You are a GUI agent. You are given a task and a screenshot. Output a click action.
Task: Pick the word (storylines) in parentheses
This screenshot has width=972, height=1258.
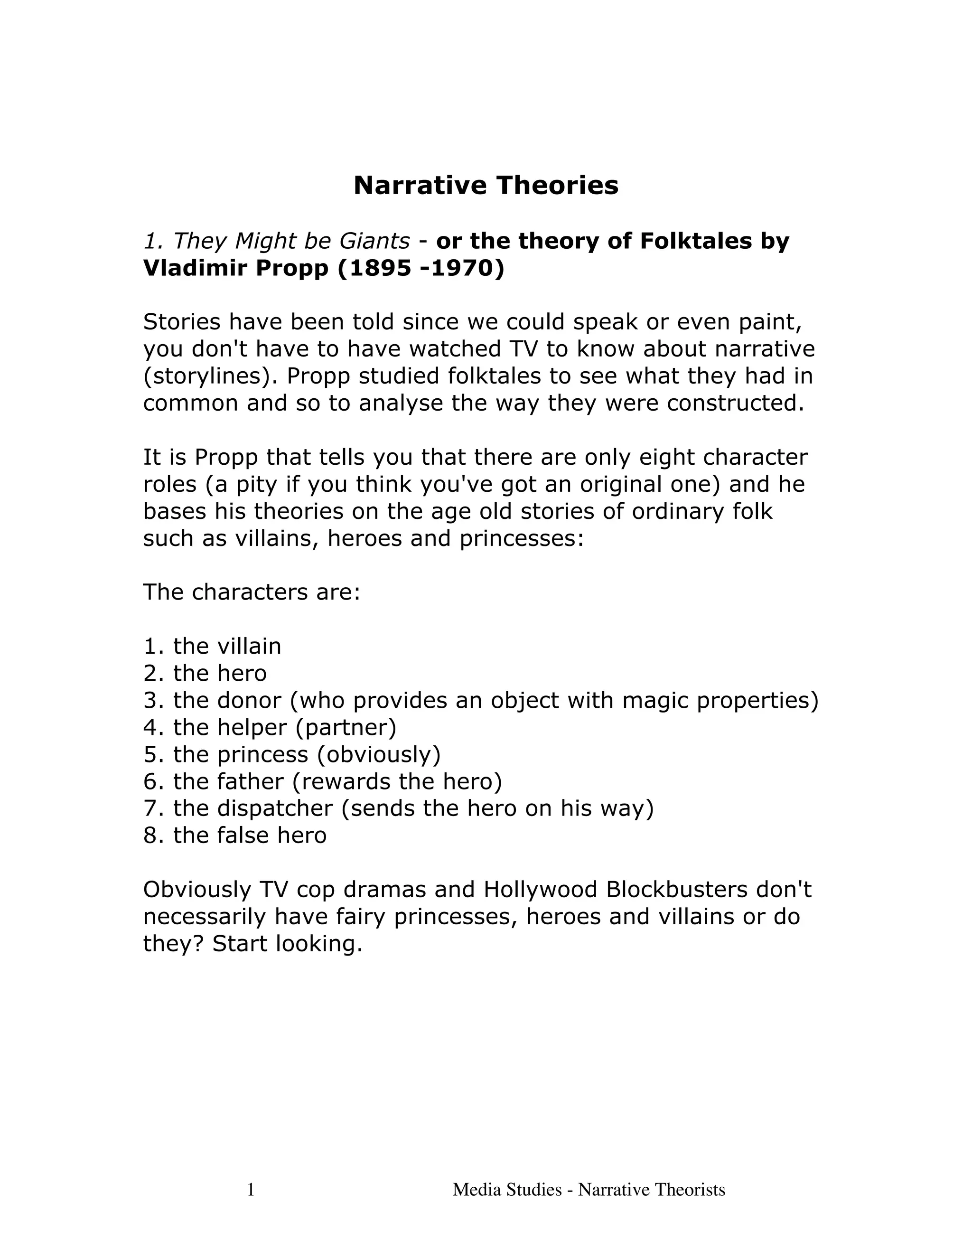[210, 376]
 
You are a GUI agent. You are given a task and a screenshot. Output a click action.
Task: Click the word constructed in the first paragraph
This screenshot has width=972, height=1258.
[735, 403]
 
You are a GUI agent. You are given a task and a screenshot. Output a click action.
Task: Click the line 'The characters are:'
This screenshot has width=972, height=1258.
[252, 592]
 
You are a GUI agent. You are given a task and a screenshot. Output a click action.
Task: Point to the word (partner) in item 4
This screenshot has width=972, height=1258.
[346, 727]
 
